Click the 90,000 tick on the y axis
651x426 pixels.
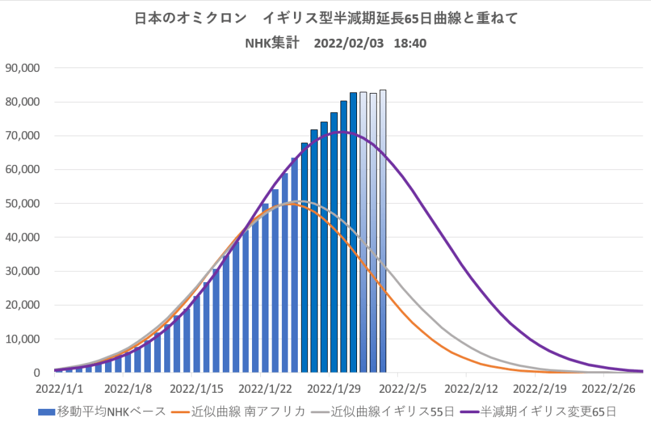pos(24,68)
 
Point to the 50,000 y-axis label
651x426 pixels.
pos(24,203)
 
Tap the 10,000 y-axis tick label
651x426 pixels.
pos(24,339)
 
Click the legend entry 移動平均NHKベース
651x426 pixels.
pos(102,411)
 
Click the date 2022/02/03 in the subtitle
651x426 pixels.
pos(349,44)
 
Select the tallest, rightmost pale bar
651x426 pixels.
pos(382,231)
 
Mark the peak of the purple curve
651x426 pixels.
pos(342,132)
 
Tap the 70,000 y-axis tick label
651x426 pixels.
pos(24,136)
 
